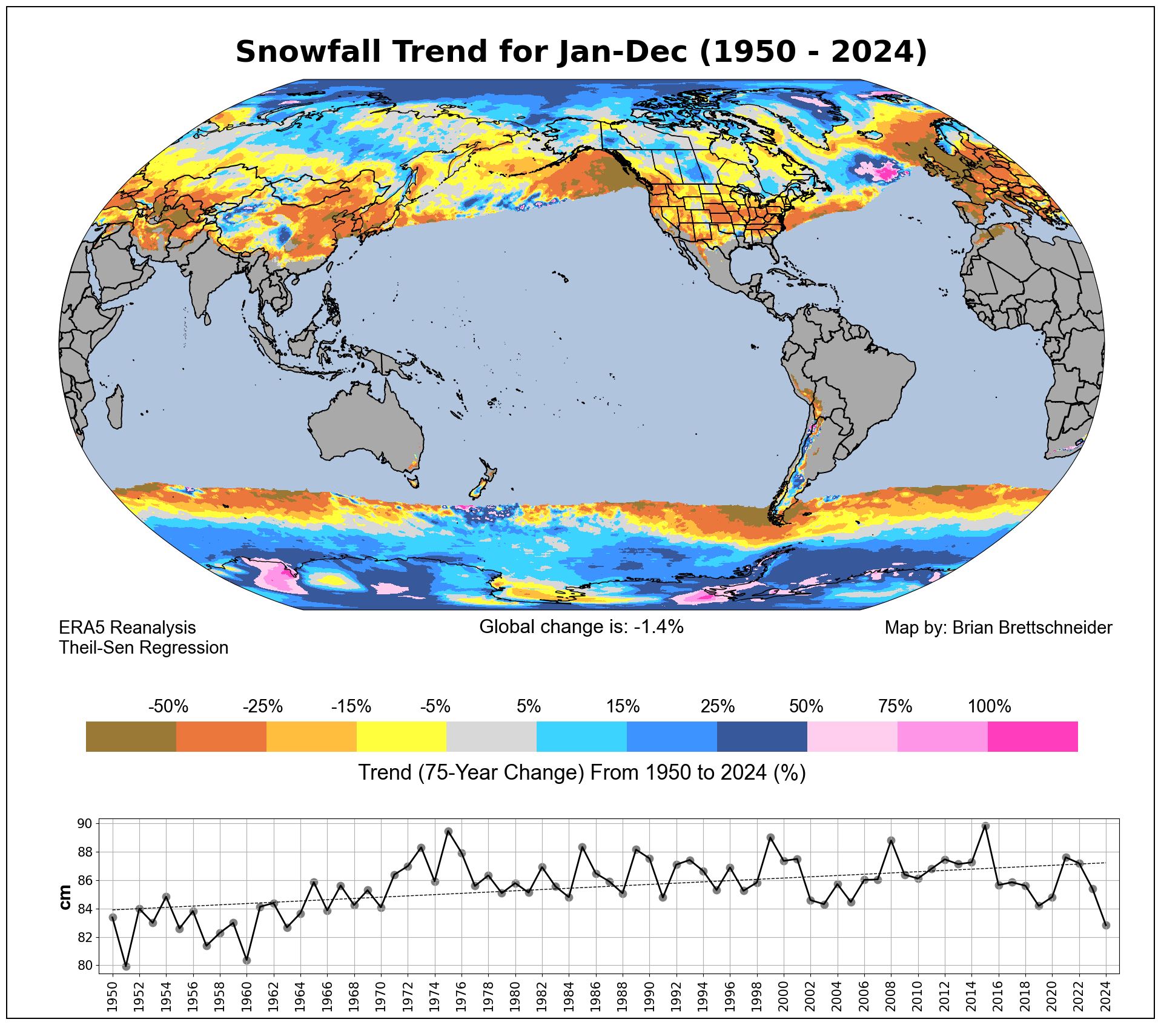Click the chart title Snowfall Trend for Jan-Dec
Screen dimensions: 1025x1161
(581, 51)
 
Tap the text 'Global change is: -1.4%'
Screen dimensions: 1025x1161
(581, 627)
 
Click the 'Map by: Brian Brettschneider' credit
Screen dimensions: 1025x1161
(998, 628)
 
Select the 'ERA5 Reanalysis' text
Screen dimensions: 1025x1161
(127, 628)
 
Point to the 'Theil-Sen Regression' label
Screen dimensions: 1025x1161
(144, 648)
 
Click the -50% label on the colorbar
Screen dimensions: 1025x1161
(168, 706)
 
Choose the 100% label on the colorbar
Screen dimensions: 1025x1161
(989, 706)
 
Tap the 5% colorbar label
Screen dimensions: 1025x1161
(528, 706)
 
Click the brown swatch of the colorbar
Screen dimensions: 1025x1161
(131, 737)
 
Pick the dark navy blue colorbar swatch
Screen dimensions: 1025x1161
(762, 737)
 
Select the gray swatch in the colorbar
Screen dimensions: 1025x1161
(491, 737)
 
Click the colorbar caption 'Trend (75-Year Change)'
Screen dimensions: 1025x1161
(581, 773)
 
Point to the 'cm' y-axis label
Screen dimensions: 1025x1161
(65, 897)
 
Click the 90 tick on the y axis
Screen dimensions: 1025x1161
(85, 824)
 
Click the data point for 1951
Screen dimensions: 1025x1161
(126, 966)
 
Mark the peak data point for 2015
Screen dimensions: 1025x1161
(985, 826)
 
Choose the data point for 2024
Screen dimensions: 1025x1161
(1106, 926)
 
